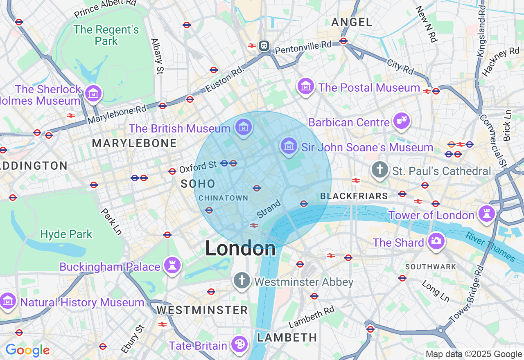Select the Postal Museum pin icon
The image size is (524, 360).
(306, 86)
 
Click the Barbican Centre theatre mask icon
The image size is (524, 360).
(402, 121)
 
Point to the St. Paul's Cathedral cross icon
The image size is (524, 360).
(380, 169)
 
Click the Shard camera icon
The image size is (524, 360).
(436, 241)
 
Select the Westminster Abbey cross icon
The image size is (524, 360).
(242, 281)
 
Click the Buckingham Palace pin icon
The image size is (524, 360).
(172, 265)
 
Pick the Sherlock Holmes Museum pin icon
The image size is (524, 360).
(94, 93)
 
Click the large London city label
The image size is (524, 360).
(240, 248)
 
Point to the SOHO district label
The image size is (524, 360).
(198, 184)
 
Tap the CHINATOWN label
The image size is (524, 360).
(224, 198)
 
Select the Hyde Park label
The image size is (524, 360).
(66, 234)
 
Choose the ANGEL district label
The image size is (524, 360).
(352, 22)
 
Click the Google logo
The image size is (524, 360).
(27, 350)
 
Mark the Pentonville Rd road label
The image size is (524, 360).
(303, 47)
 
